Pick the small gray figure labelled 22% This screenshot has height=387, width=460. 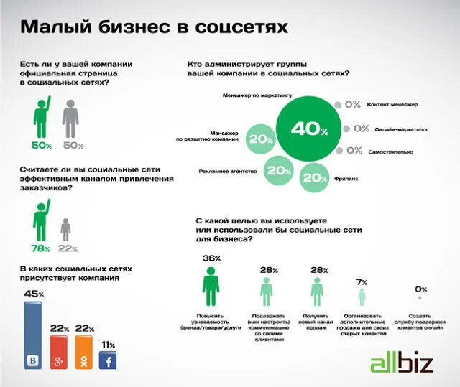tap(65, 230)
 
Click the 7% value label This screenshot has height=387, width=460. tap(362, 281)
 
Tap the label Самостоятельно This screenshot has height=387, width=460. tap(392, 151)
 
